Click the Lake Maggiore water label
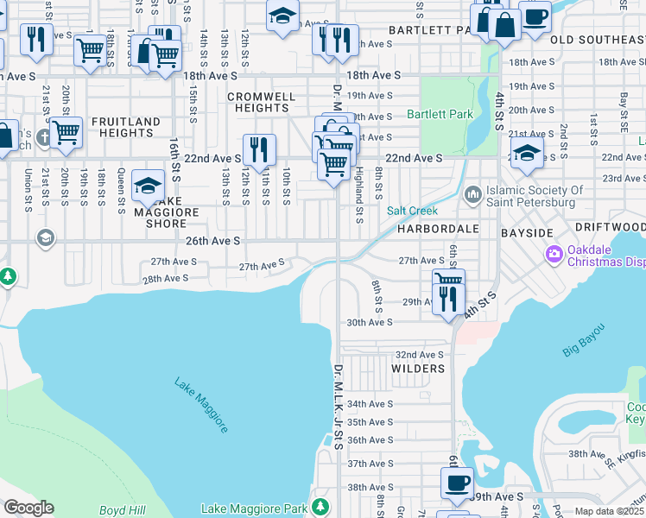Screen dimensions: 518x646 click(x=201, y=405)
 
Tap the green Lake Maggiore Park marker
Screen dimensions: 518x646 click(x=321, y=504)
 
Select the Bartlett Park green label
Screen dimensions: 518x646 click(x=440, y=114)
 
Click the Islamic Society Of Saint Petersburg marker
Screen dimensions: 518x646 click(x=472, y=192)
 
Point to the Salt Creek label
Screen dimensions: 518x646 click(x=412, y=211)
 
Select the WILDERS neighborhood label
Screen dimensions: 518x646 click(x=418, y=369)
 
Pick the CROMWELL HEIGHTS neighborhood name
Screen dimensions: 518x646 click(x=261, y=103)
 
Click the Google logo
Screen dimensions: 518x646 click(x=28, y=508)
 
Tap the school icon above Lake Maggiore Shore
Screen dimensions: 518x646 click(x=148, y=185)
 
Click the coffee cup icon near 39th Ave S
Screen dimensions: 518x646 click(x=456, y=482)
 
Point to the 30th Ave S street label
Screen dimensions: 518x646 click(x=370, y=322)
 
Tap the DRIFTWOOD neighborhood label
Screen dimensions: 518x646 click(x=610, y=226)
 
